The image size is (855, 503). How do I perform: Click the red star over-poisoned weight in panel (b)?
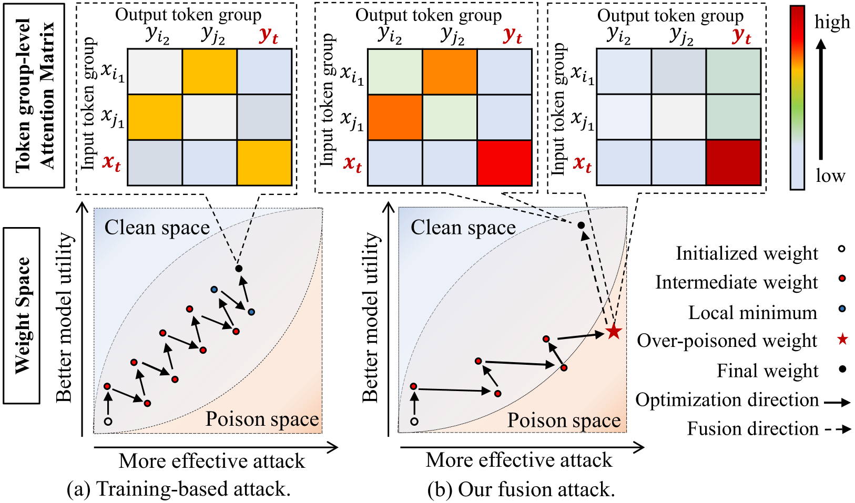click(614, 332)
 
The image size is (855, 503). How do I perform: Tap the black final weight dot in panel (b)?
click(581, 225)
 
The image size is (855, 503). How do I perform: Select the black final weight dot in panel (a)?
click(239, 269)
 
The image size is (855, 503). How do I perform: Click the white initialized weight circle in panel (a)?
click(108, 421)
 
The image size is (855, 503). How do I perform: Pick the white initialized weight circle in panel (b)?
click(414, 421)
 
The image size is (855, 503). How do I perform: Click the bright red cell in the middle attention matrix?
click(504, 162)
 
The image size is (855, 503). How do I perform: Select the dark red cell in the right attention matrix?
click(733, 162)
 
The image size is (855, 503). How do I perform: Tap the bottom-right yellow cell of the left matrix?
click(264, 162)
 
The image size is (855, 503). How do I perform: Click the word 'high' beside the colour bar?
click(832, 22)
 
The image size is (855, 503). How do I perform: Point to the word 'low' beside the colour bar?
click(830, 176)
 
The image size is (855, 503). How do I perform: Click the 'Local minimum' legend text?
click(752, 313)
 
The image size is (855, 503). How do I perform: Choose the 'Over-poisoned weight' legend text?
click(727, 341)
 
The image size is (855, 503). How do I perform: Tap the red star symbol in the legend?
click(842, 340)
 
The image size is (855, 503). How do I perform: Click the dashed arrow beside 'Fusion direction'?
click(838, 429)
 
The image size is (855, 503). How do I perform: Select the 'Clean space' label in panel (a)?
click(157, 228)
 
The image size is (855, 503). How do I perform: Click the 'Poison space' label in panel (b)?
click(564, 420)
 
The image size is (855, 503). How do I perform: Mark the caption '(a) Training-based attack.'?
click(179, 489)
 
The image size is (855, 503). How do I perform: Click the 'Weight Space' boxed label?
click(22, 315)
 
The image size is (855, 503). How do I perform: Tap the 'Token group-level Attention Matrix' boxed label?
click(34, 96)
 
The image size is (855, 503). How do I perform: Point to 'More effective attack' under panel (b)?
click(519, 460)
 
